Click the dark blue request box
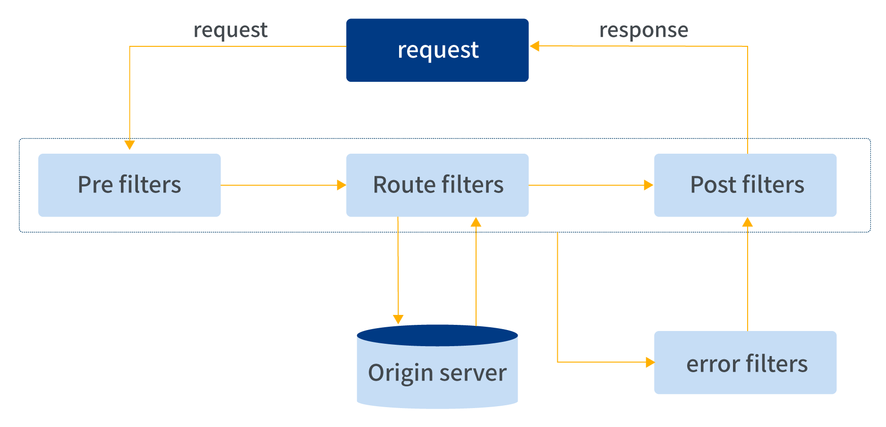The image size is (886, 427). [437, 50]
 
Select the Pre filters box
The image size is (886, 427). [129, 185]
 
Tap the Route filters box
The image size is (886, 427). [437, 185]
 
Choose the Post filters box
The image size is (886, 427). [745, 185]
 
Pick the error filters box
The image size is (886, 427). [745, 362]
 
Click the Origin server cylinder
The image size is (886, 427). [437, 378]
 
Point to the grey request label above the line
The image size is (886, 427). [230, 30]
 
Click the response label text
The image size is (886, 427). [644, 30]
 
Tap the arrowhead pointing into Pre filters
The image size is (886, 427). [129, 145]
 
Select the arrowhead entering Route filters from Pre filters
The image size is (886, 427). [341, 185]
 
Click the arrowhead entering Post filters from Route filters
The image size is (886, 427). [649, 185]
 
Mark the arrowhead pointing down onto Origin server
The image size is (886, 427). [398, 319]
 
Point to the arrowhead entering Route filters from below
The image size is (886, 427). [476, 222]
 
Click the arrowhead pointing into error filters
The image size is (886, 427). [650, 362]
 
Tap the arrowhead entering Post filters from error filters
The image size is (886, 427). [748, 222]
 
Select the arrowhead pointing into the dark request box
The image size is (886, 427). [535, 46]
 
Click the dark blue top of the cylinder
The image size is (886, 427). [437, 335]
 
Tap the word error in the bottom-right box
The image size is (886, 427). [713, 364]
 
